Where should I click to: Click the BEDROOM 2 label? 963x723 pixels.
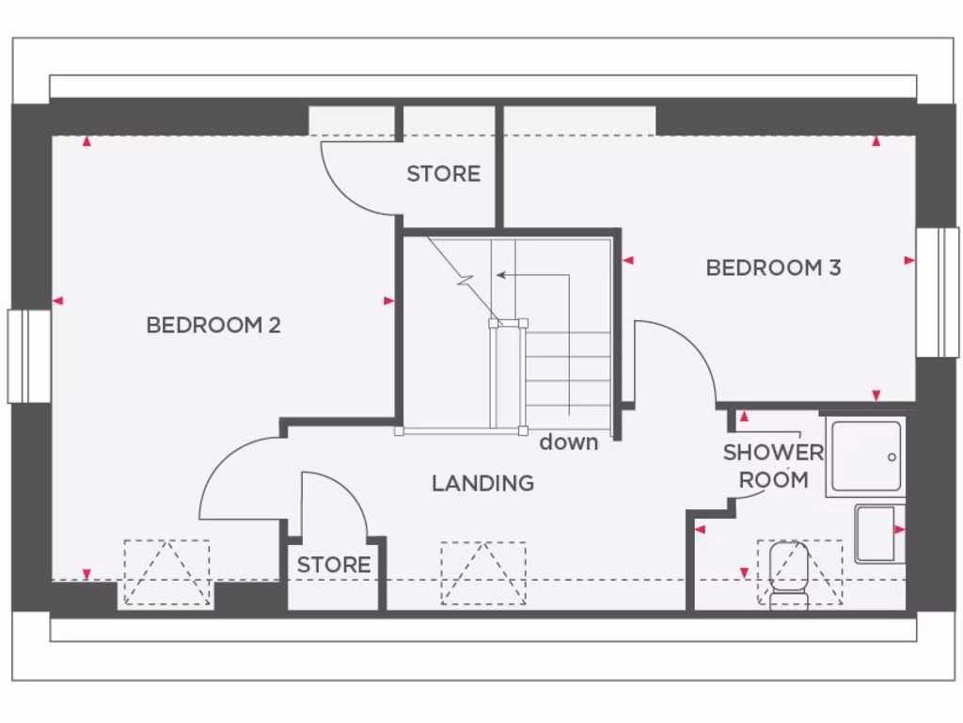[x=213, y=326]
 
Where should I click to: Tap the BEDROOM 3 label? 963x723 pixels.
[x=773, y=268]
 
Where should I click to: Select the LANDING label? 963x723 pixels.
[x=482, y=484]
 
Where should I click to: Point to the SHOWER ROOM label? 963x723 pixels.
[x=773, y=466]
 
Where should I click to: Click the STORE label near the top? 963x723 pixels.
[x=443, y=174]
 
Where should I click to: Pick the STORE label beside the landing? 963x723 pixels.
[x=334, y=565]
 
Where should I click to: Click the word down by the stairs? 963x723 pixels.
[x=568, y=442]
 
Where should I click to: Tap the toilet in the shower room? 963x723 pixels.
[x=788, y=574]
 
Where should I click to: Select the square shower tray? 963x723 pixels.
[x=866, y=457]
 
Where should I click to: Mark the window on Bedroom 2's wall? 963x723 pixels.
[x=29, y=356]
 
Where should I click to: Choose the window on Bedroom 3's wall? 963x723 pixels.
[x=938, y=292]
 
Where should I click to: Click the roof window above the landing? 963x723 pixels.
[x=483, y=572]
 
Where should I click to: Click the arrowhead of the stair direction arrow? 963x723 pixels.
[x=500, y=275]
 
